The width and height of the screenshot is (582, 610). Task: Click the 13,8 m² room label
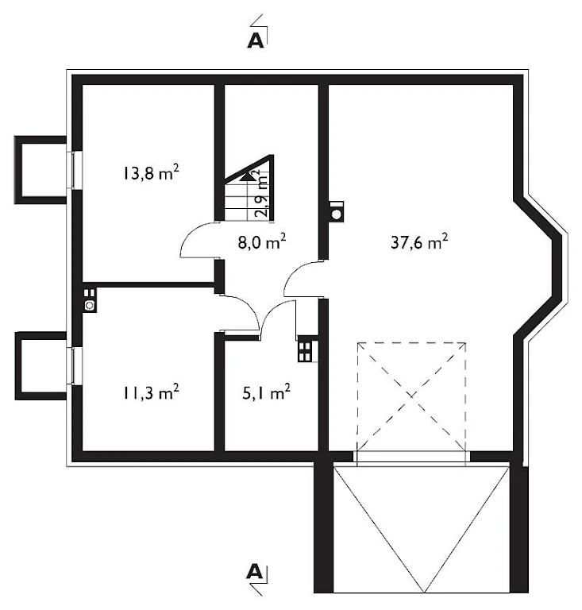pos(151,172)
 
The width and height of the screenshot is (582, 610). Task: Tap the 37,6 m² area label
pos(419,242)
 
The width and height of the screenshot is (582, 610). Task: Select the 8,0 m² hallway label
pos(262,242)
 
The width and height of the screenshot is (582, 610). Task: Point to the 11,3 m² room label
pos(151,392)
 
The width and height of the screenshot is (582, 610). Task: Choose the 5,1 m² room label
pos(266,392)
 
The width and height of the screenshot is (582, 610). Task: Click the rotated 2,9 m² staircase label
pos(261,193)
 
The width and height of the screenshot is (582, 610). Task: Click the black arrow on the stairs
pos(246,177)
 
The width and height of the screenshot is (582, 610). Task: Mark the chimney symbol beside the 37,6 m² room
pos(337,212)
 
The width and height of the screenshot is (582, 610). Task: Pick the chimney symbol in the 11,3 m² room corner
pos(90,300)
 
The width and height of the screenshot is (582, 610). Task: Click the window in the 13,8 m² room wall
pos(75,170)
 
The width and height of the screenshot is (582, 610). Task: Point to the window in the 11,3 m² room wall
pos(75,365)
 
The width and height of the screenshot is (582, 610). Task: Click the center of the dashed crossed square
pos(411,396)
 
